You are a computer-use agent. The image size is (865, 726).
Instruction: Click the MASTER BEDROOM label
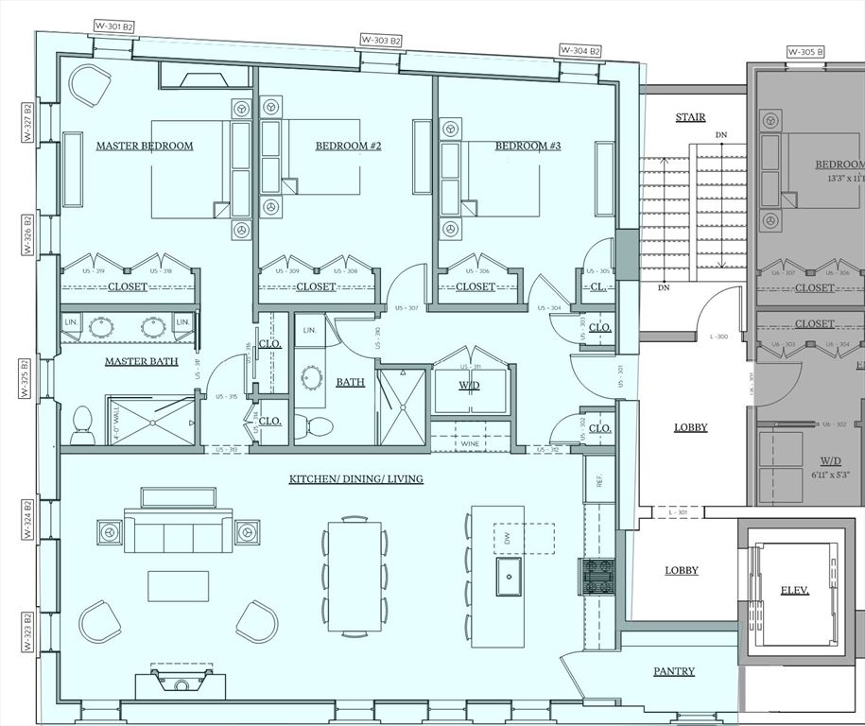(x=145, y=146)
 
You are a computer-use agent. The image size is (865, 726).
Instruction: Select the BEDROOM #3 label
(x=528, y=146)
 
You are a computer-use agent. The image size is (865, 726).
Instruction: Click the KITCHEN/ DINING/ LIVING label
(x=355, y=479)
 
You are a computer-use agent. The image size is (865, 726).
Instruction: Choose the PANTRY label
(x=674, y=671)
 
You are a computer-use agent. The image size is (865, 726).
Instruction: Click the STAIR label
(x=690, y=117)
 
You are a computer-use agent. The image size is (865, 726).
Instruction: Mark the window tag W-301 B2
(x=115, y=26)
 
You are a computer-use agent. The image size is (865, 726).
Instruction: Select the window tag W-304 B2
(x=580, y=50)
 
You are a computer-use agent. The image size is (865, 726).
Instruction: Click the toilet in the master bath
(x=82, y=424)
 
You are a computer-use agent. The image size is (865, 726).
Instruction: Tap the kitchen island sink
(x=510, y=573)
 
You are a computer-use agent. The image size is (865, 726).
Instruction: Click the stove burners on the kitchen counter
(x=597, y=577)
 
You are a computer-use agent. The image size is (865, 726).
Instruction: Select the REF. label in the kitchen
(x=598, y=479)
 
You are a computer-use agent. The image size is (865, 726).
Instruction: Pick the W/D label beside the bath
(x=470, y=385)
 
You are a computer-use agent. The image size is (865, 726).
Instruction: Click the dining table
(x=355, y=577)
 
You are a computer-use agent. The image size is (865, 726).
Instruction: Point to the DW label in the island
(x=507, y=537)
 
